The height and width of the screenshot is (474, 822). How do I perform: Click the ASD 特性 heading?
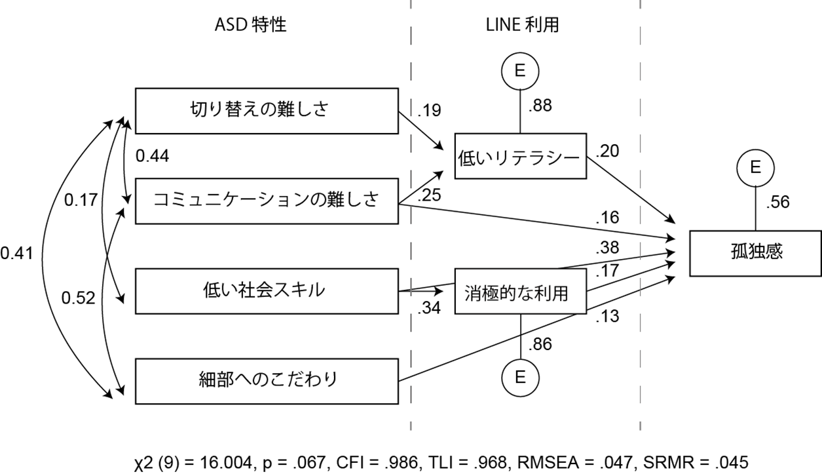click(251, 25)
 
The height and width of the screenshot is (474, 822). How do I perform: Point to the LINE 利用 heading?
click(523, 25)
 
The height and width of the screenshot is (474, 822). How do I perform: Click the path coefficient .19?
click(430, 110)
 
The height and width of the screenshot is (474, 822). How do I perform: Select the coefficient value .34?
click(430, 307)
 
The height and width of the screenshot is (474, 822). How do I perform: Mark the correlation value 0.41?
click(17, 253)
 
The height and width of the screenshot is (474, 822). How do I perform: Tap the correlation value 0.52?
click(78, 298)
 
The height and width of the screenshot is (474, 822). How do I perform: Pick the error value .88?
click(540, 106)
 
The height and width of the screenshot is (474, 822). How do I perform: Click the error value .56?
click(778, 202)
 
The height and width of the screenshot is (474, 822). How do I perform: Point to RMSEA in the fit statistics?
click(548, 462)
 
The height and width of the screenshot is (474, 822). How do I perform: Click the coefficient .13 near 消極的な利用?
click(607, 317)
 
